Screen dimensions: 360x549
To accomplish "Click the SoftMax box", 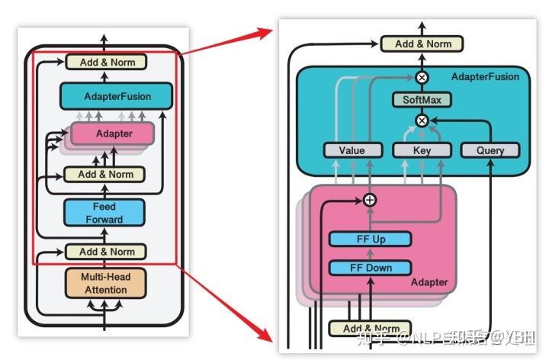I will point(422,99).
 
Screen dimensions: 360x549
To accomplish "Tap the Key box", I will point(422,149).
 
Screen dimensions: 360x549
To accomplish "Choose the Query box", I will point(490,149).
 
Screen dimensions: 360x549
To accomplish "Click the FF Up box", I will point(370,239).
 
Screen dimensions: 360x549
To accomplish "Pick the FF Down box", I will point(370,267).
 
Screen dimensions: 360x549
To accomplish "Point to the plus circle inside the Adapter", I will point(370,200).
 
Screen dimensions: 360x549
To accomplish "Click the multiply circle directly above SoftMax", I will point(422,77).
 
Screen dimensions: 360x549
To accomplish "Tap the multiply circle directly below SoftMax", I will point(422,121).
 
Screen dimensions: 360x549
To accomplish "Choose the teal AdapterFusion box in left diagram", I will point(116,96).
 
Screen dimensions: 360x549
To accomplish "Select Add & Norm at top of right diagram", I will point(422,43).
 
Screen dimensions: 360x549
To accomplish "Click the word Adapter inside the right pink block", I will point(429,282).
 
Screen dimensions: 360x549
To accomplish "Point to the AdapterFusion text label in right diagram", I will point(485,77).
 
